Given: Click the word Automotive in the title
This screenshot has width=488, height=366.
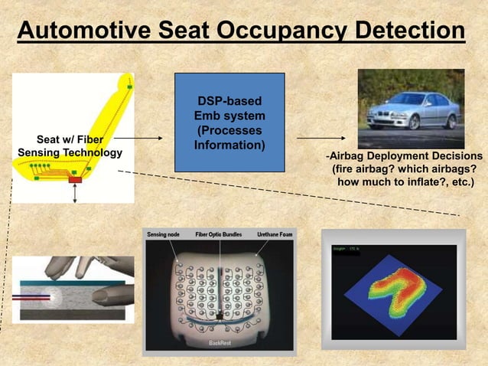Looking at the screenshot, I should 75,31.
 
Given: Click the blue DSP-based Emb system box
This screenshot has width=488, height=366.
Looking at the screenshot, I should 229,123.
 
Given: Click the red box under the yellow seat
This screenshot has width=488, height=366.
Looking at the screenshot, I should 75,180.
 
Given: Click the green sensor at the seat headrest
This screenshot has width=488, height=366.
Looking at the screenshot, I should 129,87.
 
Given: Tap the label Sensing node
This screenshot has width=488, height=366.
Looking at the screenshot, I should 164,234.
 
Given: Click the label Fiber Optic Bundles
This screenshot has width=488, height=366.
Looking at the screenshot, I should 219,234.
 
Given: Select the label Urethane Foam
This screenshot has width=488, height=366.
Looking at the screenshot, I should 274,234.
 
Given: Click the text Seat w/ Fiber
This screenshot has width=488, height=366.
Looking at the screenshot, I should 70,140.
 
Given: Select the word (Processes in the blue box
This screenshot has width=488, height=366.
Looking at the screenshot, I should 229,129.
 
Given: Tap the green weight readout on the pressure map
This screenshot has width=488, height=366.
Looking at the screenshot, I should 345,250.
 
